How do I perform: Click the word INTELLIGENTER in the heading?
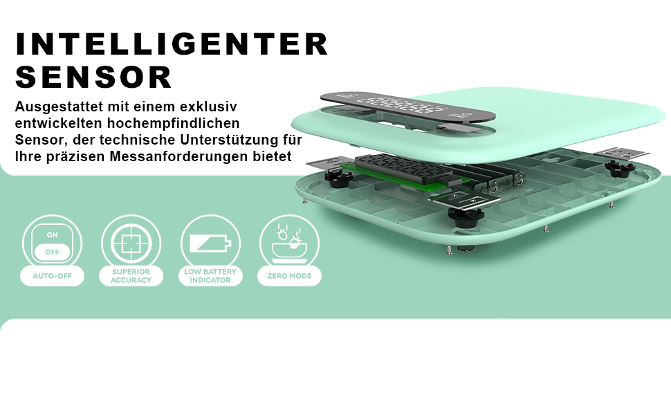coord(172,44)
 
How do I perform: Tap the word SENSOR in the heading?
coord(93,77)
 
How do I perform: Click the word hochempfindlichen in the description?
coord(174,123)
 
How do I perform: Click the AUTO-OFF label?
coord(52,276)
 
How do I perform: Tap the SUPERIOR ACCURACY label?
coord(131,276)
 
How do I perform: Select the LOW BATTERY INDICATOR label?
coord(210,276)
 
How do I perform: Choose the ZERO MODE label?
coord(289,276)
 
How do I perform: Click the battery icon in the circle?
coord(210,243)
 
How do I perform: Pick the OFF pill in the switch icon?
coord(52,252)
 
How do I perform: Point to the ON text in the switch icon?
coord(52,235)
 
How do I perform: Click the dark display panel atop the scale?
coord(408,107)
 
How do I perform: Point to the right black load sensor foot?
coord(619,169)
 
